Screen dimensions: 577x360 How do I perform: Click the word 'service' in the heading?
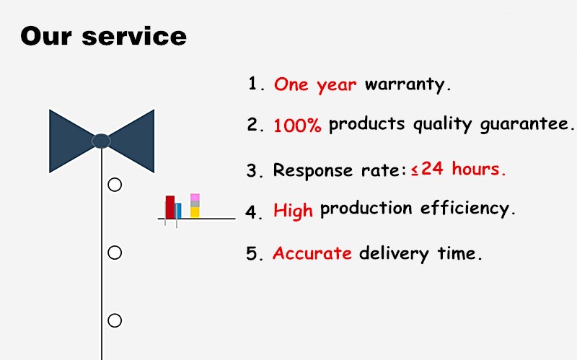pos(134,37)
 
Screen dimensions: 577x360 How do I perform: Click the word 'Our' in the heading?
pos(46,36)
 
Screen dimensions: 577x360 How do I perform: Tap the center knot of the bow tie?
pos(101,141)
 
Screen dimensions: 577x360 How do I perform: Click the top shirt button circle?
pos(115,185)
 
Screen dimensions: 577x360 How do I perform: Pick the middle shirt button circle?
pos(115,253)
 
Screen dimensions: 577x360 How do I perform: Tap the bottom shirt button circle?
pos(115,320)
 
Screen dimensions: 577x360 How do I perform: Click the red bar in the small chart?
pos(170,207)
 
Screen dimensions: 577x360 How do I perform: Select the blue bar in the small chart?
pos(178,211)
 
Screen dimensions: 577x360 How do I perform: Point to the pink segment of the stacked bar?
pos(195,197)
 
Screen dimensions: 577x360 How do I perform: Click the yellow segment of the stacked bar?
pos(195,212)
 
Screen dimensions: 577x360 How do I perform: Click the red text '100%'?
pos(297,125)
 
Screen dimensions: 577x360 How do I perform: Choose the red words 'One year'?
pos(315,85)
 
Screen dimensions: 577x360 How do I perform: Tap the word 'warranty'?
pos(405,84)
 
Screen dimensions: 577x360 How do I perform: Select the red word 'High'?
pos(294,211)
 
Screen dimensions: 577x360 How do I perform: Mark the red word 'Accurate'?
pos(312,253)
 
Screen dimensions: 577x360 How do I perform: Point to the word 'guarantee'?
pos(524,124)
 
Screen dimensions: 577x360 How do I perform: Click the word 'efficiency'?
pos(465,208)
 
